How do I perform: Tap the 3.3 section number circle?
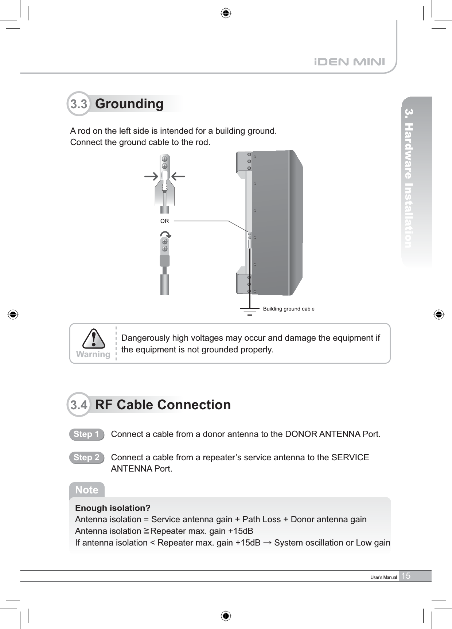click(78, 104)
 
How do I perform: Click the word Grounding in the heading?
click(129, 104)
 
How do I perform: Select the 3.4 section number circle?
click(78, 405)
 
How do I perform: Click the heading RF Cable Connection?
click(163, 405)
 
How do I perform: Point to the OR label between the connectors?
click(165, 221)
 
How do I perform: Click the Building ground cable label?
click(289, 309)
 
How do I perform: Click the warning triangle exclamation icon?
click(93, 339)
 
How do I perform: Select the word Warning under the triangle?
click(93, 354)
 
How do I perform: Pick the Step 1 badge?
click(86, 434)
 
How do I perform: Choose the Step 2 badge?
click(86, 458)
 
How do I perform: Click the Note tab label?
click(87, 490)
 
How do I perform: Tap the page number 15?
click(406, 576)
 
